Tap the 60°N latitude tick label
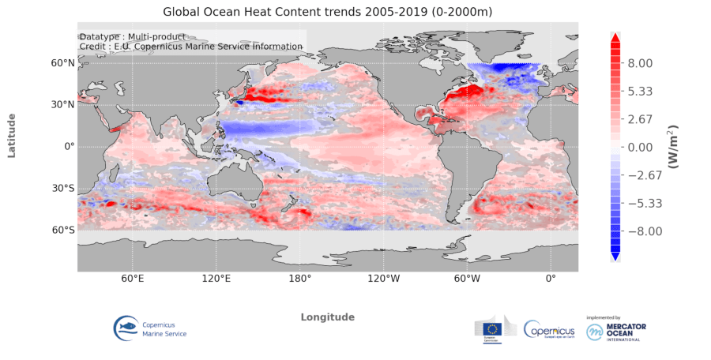coord(63,62)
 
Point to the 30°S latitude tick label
coord(63,189)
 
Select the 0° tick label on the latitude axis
coord(69,147)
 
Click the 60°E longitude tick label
coord(132,279)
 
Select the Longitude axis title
coord(327,317)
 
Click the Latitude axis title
coord(12,135)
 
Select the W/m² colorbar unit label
coord(675,147)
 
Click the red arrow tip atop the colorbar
coord(615,36)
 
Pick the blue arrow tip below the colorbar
coord(615,256)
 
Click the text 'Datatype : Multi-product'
coord(133,37)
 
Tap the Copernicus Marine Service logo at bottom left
coord(151,328)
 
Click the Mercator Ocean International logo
coord(617,330)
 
